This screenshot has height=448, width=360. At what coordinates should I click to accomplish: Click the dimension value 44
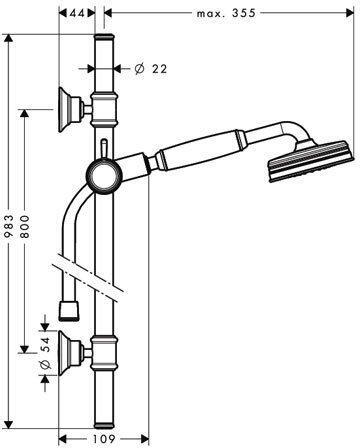pyautogui.click(x=77, y=13)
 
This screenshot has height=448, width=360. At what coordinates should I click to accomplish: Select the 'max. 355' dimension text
pyautogui.click(x=226, y=13)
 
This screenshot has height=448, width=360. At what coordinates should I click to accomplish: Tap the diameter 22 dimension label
pyautogui.click(x=151, y=69)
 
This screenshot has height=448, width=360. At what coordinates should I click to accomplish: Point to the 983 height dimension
pyautogui.click(x=9, y=226)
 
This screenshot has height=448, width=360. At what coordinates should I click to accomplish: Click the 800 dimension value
pyautogui.click(x=24, y=226)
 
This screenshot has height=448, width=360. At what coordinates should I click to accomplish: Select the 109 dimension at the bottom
pyautogui.click(x=104, y=439)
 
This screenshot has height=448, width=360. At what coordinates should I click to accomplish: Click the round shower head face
pyautogui.click(x=309, y=162)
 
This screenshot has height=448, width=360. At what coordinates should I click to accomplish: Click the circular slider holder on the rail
pyautogui.click(x=104, y=176)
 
